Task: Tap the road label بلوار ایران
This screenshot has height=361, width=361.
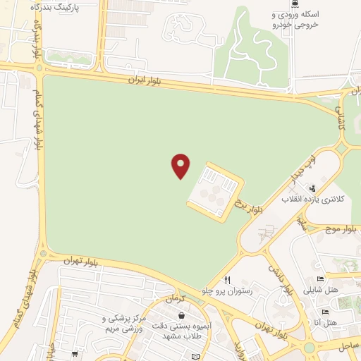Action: click(145, 81)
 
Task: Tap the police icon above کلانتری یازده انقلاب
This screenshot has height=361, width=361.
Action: click(312, 188)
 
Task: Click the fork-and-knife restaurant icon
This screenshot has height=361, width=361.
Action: click(227, 279)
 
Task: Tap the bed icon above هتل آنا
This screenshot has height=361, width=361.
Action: click(325, 311)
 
